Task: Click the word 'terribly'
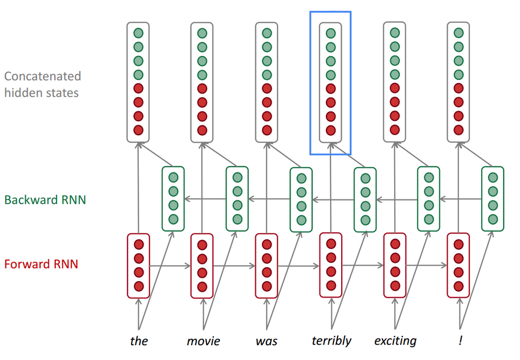tap(332, 341)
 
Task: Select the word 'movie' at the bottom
tap(203, 341)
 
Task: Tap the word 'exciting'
tap(395, 341)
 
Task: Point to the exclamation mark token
tap(460, 341)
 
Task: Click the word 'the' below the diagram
tap(139, 341)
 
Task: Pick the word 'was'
tap(266, 341)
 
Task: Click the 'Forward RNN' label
tap(41, 264)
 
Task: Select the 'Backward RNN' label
tap(45, 199)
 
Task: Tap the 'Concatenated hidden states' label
tap(42, 84)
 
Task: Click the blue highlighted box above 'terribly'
tap(331, 82)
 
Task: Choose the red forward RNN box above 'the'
tap(139, 265)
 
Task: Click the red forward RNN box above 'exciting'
tap(395, 265)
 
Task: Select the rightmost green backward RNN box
tap(492, 199)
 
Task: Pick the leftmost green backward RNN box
tap(173, 199)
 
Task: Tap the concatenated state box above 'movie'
tap(202, 82)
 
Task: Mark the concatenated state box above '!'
tap(459, 82)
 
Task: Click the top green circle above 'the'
tap(138, 34)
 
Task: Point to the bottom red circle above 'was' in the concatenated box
tap(266, 130)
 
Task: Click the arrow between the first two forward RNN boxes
tap(170, 266)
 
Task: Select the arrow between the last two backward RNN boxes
tap(461, 199)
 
